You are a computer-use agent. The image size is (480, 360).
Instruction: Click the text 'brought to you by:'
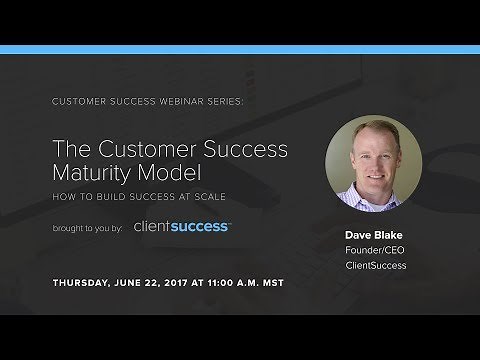click(x=89, y=228)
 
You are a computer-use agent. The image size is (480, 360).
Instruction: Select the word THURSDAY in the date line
click(x=83, y=283)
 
